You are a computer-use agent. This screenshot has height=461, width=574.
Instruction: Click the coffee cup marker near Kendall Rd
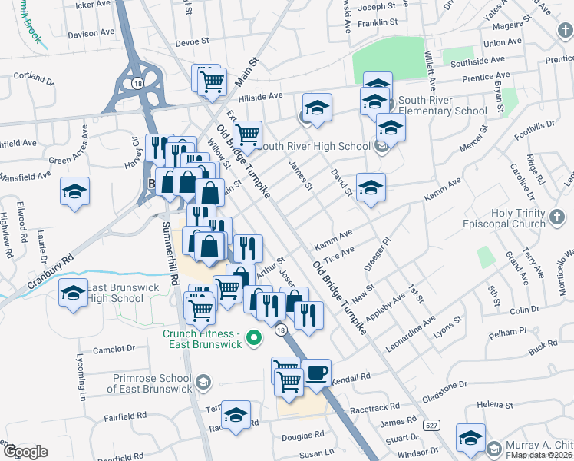point(316,373)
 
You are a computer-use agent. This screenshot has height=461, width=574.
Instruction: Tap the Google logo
point(25,452)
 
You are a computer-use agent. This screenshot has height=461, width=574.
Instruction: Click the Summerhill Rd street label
point(170,253)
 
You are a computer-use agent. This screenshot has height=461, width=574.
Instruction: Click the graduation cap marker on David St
point(371,188)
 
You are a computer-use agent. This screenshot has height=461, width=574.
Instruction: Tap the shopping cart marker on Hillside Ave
point(213,81)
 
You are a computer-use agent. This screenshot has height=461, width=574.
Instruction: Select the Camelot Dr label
point(114,349)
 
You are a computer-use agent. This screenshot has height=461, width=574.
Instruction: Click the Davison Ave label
point(94,34)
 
